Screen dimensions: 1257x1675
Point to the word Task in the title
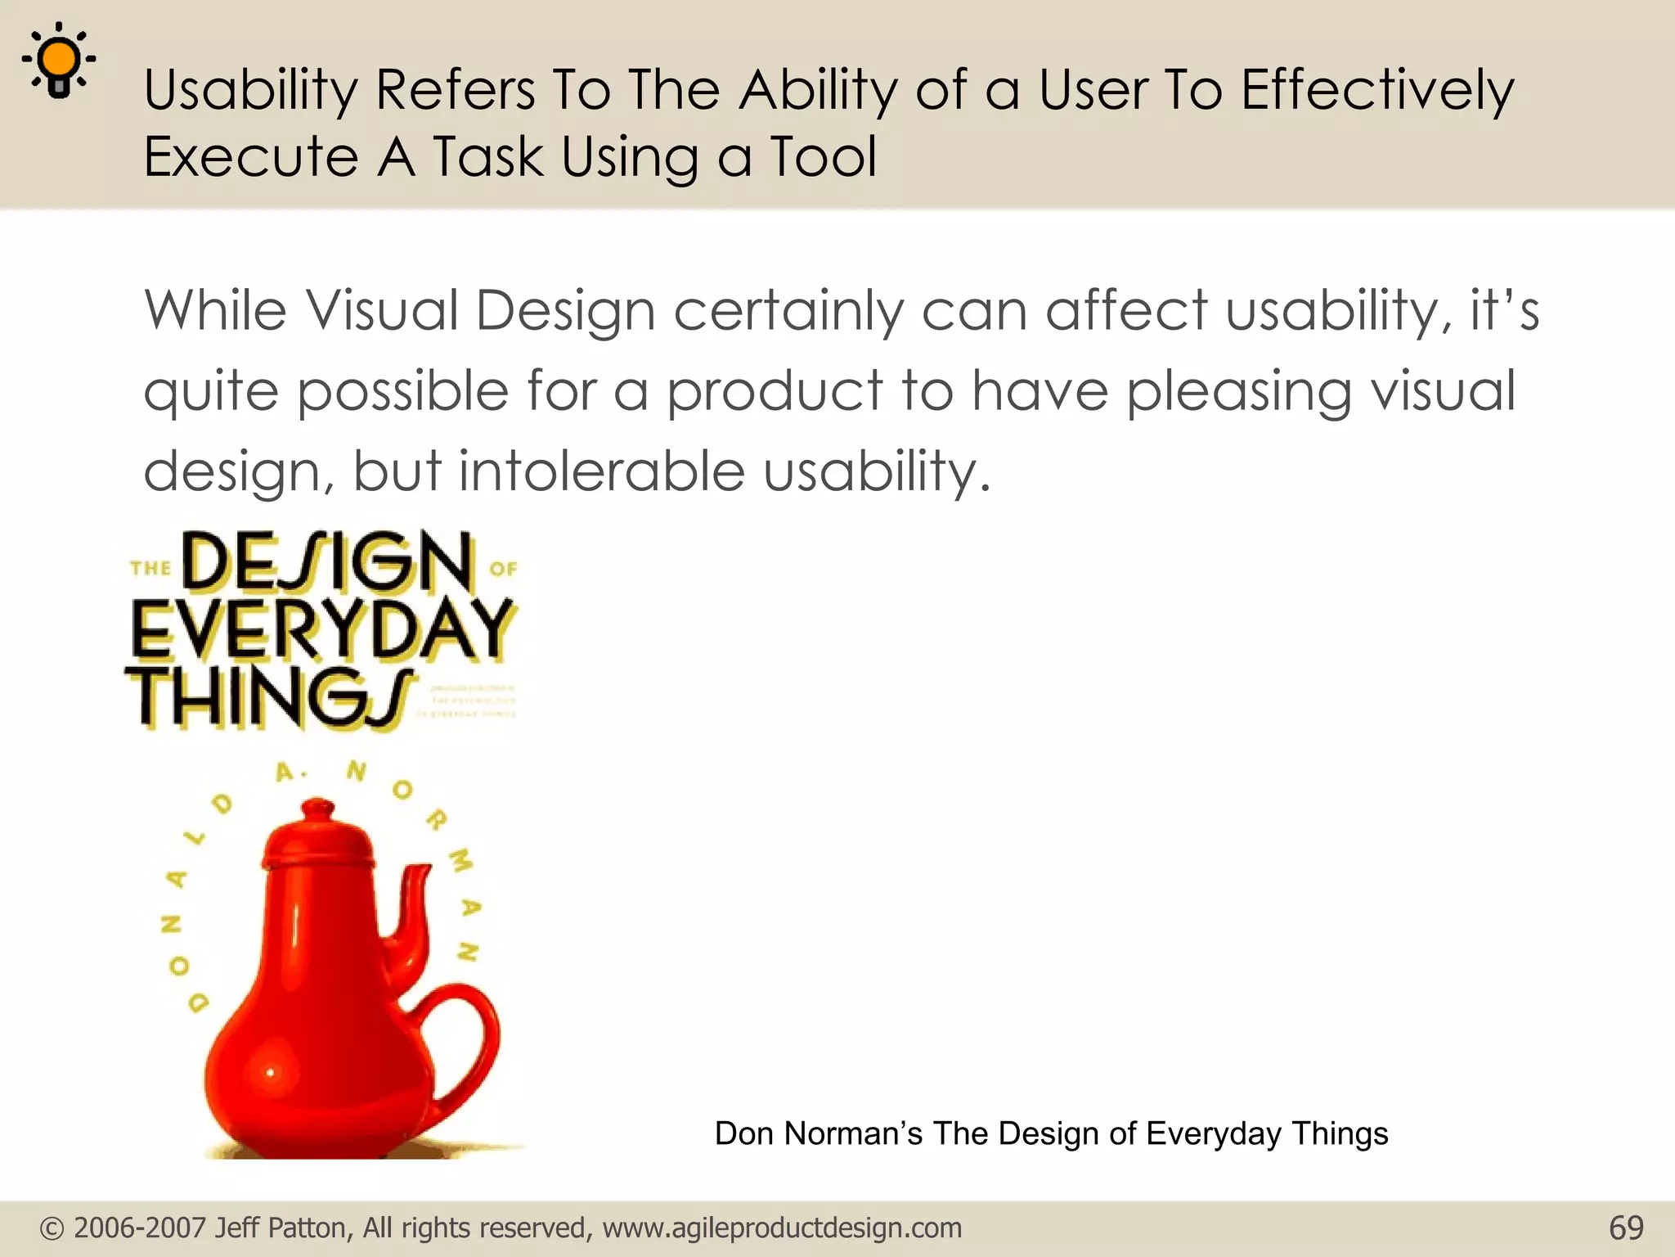point(487,156)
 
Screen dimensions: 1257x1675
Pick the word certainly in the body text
point(788,312)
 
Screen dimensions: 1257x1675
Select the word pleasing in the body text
point(1238,391)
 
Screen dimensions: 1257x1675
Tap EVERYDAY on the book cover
point(321,629)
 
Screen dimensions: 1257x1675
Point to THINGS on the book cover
point(270,698)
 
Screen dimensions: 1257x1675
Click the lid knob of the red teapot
point(318,808)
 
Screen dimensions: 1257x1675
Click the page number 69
point(1626,1228)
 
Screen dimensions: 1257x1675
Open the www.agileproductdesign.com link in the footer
point(782,1228)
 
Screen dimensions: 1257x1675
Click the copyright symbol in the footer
point(52,1228)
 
